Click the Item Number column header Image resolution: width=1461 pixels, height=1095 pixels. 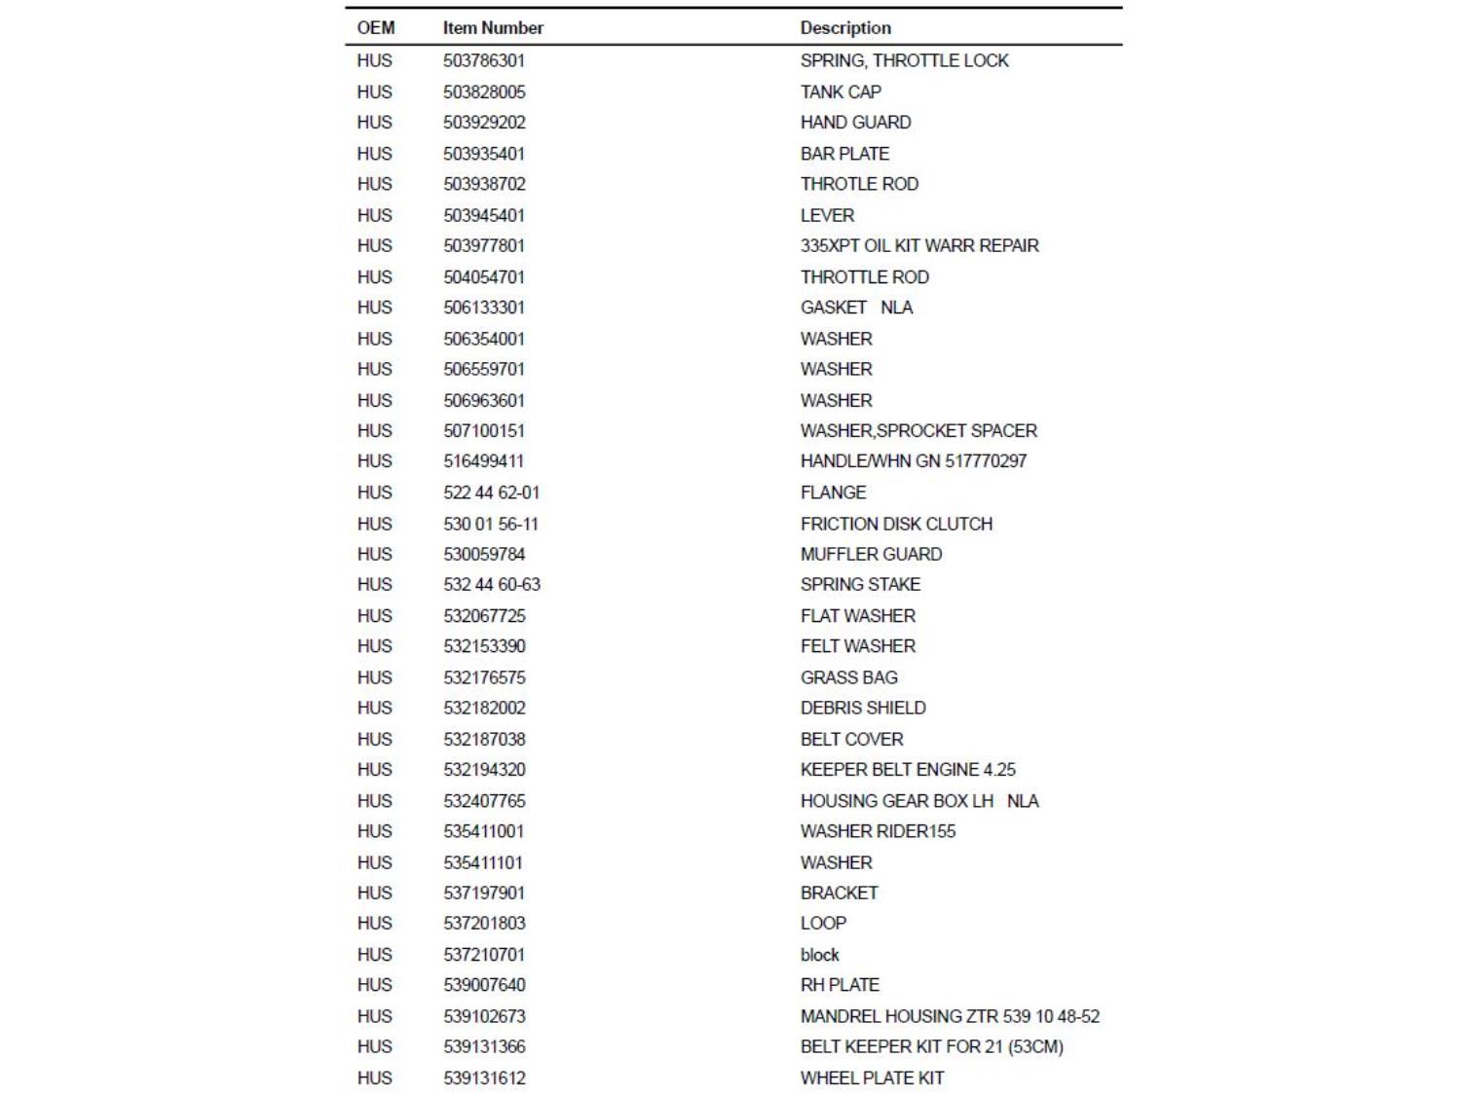pyautogui.click(x=493, y=28)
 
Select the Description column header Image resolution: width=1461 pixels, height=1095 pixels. pyautogui.click(x=845, y=28)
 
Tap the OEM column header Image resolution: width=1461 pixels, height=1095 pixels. pyautogui.click(x=376, y=28)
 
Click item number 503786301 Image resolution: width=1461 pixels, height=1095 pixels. pyautogui.click(x=484, y=60)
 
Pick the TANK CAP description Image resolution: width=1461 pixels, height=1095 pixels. pyautogui.click(x=841, y=91)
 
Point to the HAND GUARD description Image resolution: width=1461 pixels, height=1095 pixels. pyautogui.click(x=855, y=123)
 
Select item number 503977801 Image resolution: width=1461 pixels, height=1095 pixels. pyautogui.click(x=484, y=245)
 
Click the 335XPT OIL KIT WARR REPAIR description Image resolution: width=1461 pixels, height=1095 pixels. pyautogui.click(x=919, y=245)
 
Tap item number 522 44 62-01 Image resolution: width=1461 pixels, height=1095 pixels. pyautogui.click(x=491, y=493)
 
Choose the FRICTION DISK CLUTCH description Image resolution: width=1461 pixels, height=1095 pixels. pyautogui.click(x=896, y=524)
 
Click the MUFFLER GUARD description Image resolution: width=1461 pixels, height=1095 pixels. pyautogui.click(x=871, y=554)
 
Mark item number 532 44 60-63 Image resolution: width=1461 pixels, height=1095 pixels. pyautogui.click(x=492, y=584)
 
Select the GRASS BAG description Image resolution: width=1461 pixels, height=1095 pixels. pyautogui.click(x=848, y=677)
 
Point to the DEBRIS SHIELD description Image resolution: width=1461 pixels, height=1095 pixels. pyautogui.click(x=863, y=708)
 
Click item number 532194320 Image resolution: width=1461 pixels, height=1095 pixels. pyautogui.click(x=484, y=770)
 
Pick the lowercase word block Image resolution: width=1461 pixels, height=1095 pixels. pyautogui.click(x=819, y=955)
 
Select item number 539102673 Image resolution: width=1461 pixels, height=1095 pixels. pyautogui.click(x=484, y=1016)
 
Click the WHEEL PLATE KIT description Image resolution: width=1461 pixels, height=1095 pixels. pyautogui.click(x=872, y=1077)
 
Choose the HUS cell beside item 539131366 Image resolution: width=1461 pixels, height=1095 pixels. pyautogui.click(x=374, y=1046)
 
